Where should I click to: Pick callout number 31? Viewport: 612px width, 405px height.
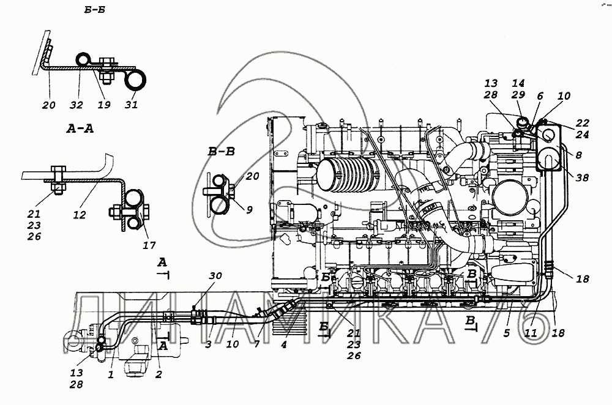tap(132, 105)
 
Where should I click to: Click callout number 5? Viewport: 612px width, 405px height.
tap(506, 334)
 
